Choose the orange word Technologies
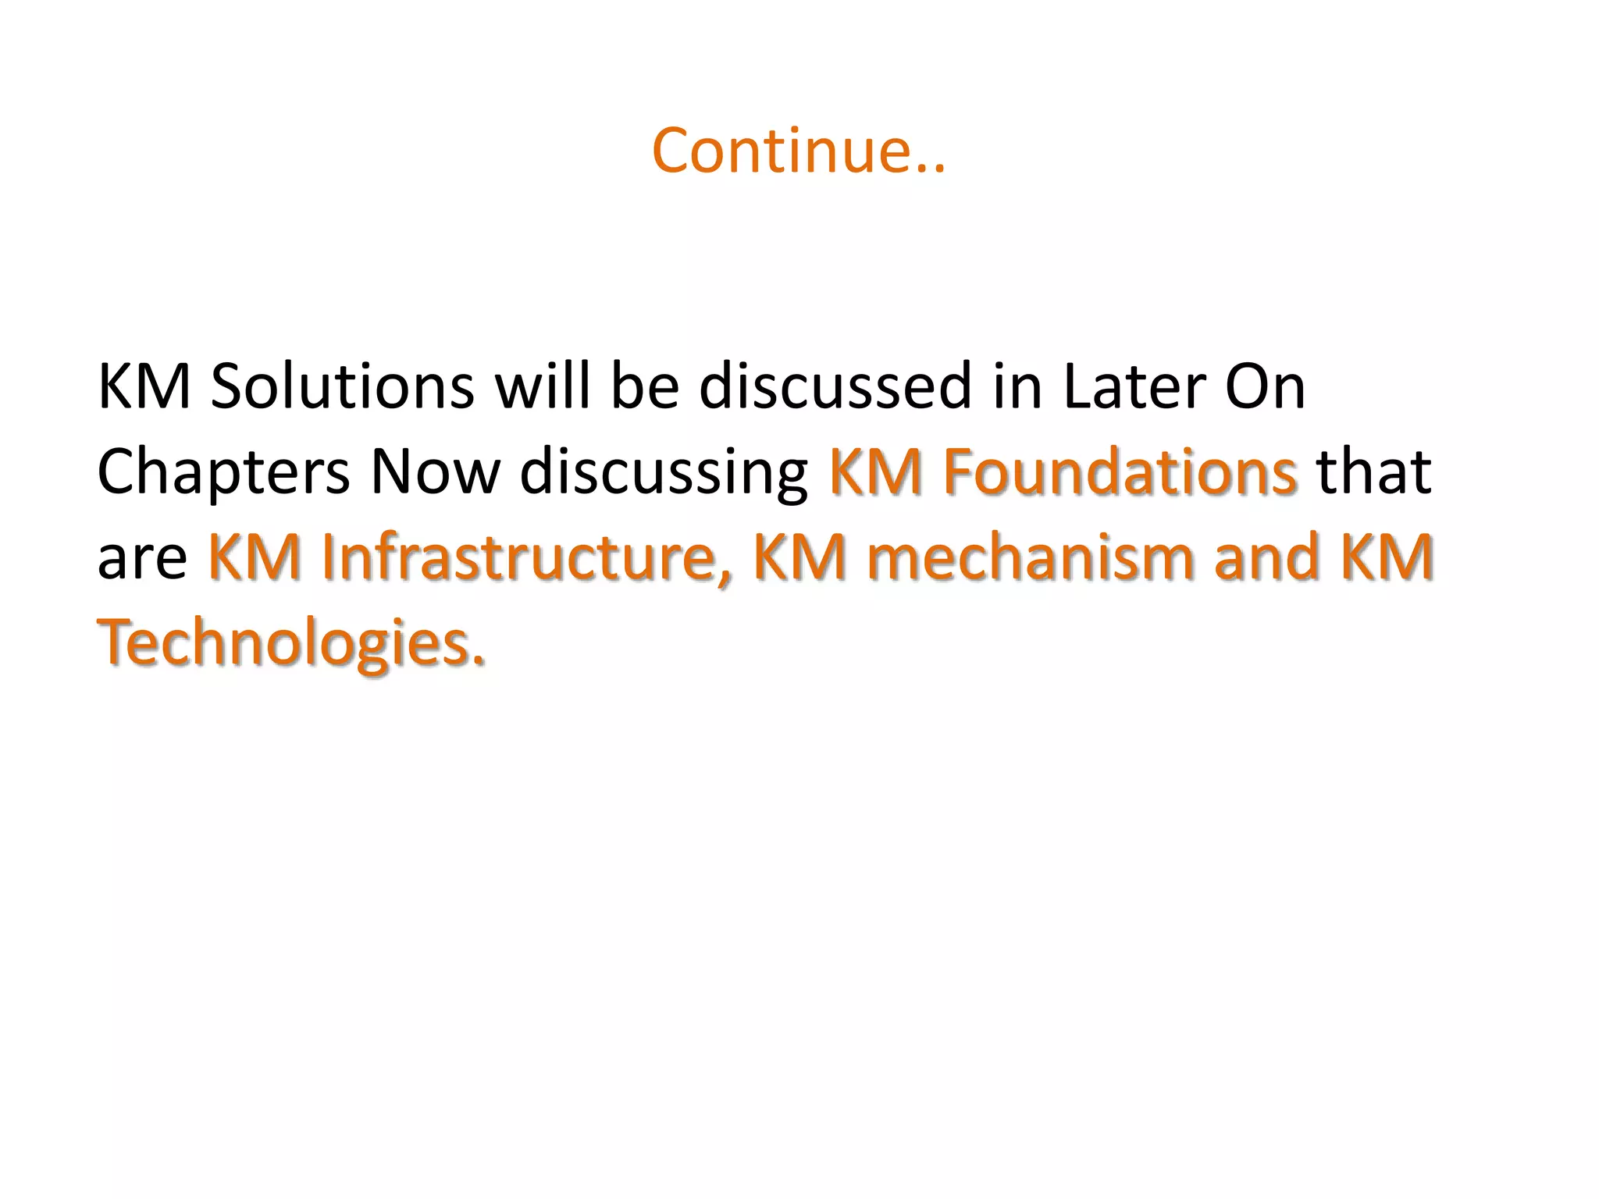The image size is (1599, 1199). click(290, 643)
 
